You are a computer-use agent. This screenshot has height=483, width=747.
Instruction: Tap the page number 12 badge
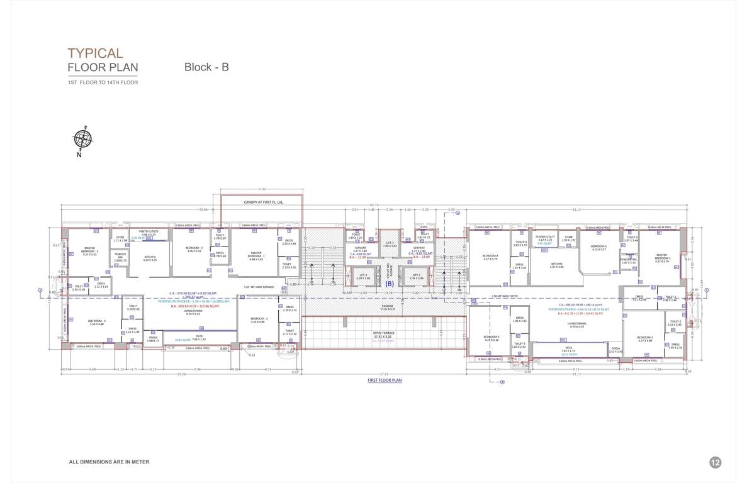(x=715, y=462)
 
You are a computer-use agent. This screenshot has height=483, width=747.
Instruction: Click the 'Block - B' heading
(x=206, y=67)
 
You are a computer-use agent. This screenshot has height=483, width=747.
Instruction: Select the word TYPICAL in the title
(x=95, y=53)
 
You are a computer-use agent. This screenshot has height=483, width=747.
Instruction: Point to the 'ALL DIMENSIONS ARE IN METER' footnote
(x=109, y=462)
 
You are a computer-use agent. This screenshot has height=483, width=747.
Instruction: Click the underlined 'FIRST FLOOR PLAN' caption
(x=384, y=380)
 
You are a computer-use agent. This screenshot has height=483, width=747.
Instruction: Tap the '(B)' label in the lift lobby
(x=390, y=284)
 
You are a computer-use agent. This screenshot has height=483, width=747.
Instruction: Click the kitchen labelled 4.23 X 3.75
(x=150, y=258)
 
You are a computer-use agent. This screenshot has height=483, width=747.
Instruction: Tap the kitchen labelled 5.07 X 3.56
(x=557, y=265)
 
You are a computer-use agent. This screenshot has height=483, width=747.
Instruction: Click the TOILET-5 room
(x=631, y=238)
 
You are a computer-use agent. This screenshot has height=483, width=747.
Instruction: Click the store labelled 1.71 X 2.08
(x=120, y=239)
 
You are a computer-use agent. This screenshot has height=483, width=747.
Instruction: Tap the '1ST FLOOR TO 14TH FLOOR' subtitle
(x=103, y=82)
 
